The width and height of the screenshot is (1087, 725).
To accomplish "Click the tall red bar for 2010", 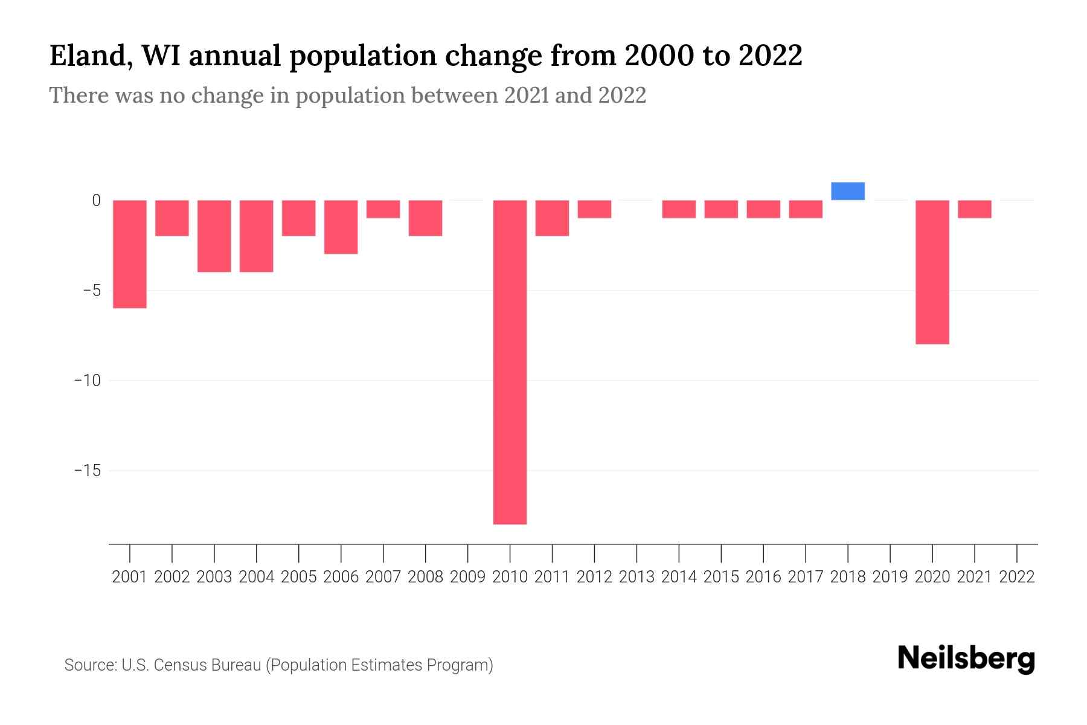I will [510, 362].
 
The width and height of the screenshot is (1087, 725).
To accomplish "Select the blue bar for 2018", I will [848, 191].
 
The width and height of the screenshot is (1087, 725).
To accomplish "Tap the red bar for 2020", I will [932, 272].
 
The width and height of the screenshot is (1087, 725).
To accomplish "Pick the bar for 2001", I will [130, 254].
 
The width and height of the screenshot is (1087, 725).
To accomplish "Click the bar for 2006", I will [341, 227].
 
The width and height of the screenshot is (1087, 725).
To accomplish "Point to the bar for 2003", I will [214, 236].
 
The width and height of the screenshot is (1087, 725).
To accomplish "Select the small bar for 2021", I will [975, 209].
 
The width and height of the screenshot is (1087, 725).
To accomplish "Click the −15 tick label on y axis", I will [87, 471].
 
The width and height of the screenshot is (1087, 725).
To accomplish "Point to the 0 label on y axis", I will [96, 201].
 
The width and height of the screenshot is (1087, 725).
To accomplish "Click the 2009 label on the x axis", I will [467, 577].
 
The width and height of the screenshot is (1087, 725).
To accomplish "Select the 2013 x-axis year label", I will [636, 577].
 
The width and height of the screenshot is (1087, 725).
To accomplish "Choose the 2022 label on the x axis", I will [1017, 577].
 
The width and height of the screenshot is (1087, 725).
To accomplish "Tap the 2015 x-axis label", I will [721, 577].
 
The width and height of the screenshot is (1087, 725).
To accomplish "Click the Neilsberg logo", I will [966, 659].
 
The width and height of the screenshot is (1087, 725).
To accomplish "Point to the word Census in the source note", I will [179, 665].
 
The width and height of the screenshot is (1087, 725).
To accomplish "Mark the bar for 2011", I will [552, 218].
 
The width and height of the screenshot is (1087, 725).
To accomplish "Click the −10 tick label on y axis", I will [87, 381].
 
